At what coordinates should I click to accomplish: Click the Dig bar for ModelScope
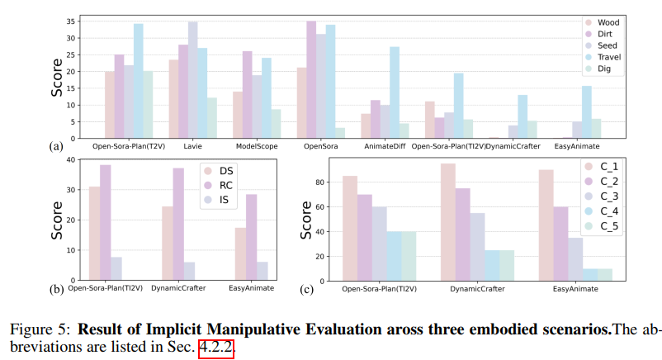click(x=277, y=124)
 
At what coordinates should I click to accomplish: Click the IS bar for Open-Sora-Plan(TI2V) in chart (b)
click(x=116, y=268)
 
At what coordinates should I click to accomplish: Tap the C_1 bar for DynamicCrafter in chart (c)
click(x=448, y=222)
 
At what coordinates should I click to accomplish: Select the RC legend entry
click(x=222, y=186)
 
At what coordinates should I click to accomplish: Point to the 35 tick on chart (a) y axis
click(x=76, y=21)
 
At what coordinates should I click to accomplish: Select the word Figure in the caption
click(x=29, y=329)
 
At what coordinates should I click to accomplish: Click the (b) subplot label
click(x=57, y=288)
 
